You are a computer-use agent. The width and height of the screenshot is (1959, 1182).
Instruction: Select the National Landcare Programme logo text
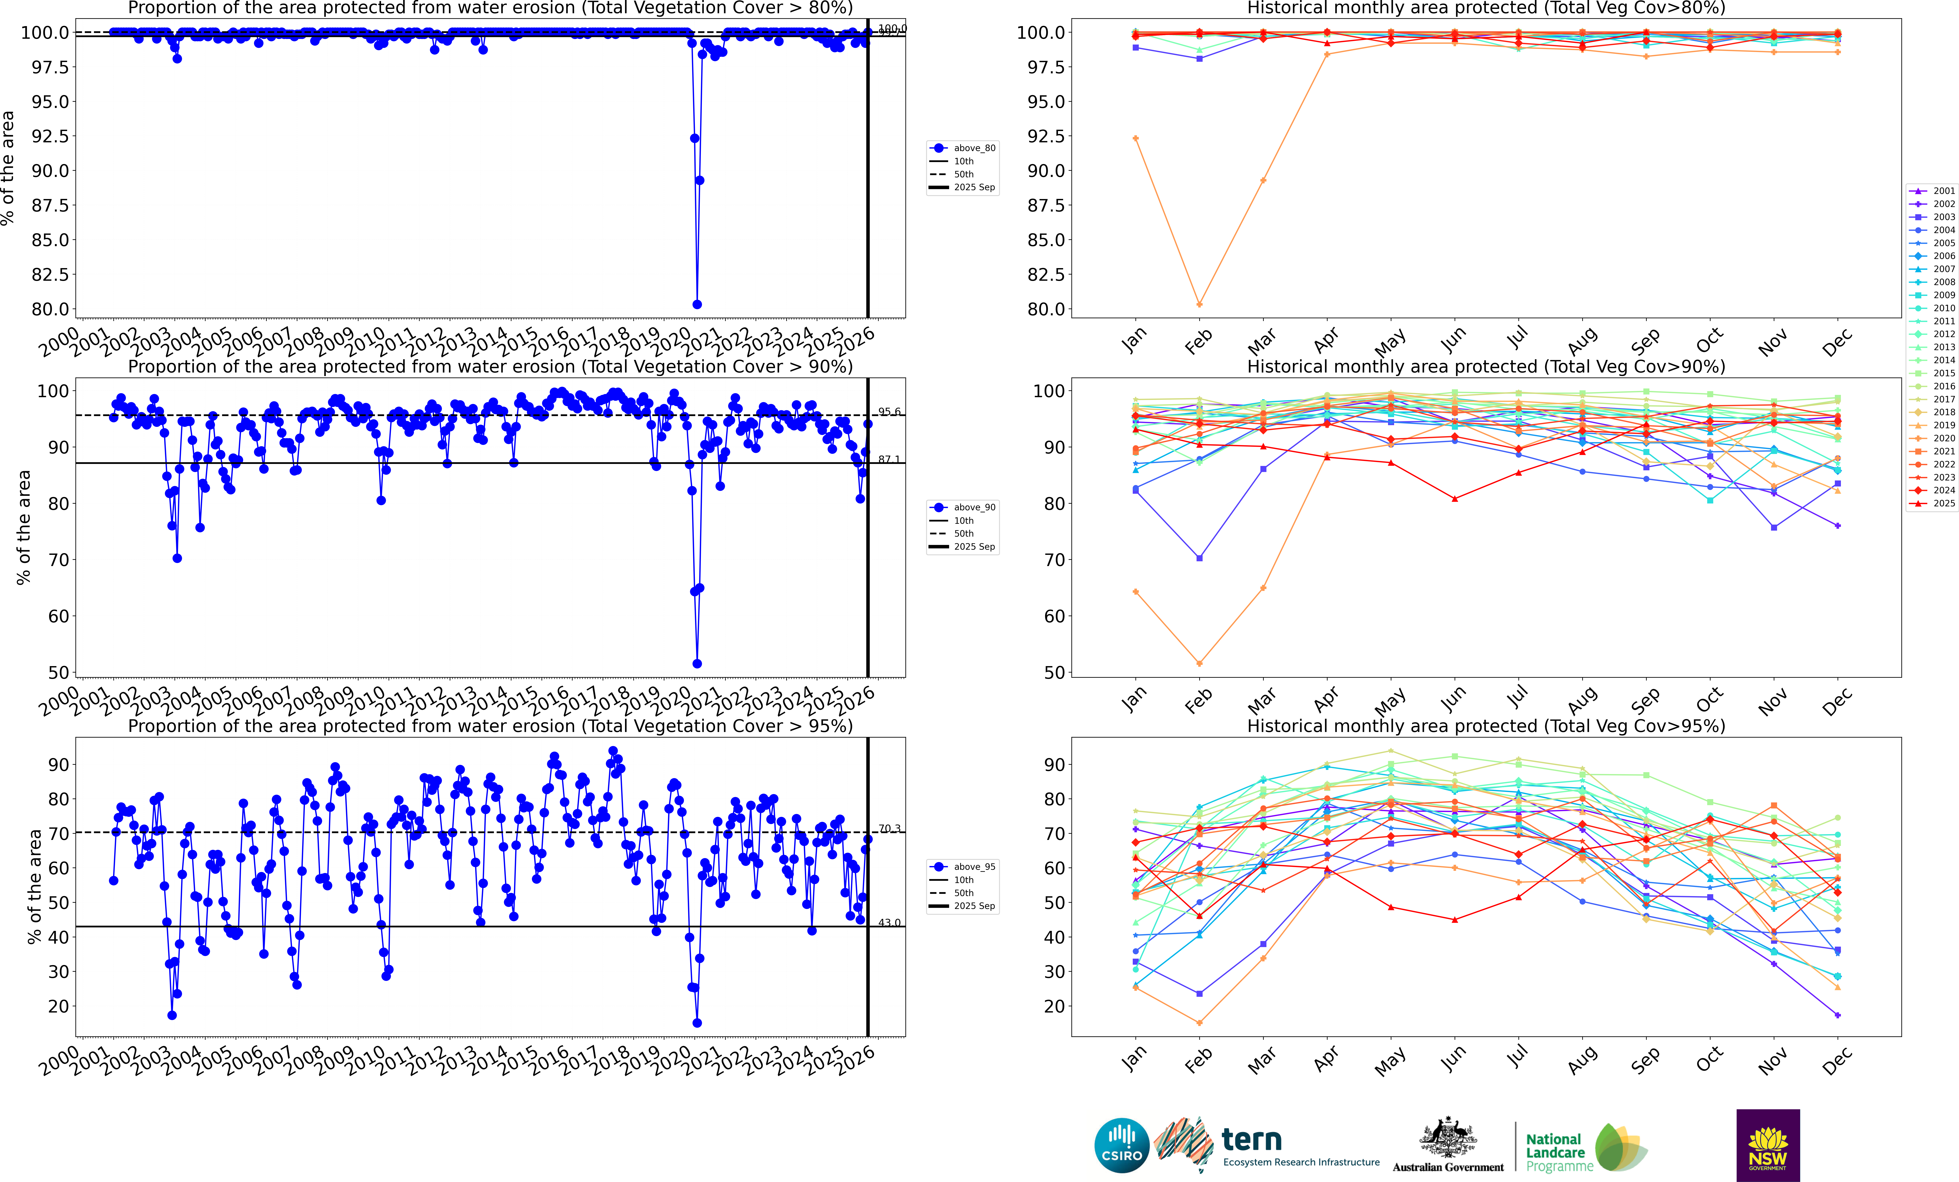pos(1558,1153)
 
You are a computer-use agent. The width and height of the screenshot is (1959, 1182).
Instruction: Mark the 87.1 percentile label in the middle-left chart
pos(889,460)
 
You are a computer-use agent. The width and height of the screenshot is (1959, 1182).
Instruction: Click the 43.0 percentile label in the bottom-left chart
pos(889,923)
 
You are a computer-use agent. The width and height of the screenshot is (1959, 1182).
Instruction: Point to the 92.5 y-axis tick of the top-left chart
pos(49,136)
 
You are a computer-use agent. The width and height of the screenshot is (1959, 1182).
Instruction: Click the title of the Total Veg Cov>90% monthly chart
pos(1486,367)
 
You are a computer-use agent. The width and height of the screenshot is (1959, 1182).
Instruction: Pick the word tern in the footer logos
pos(1251,1140)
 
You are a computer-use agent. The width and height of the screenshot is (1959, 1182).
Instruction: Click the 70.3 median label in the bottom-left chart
pos(889,828)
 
